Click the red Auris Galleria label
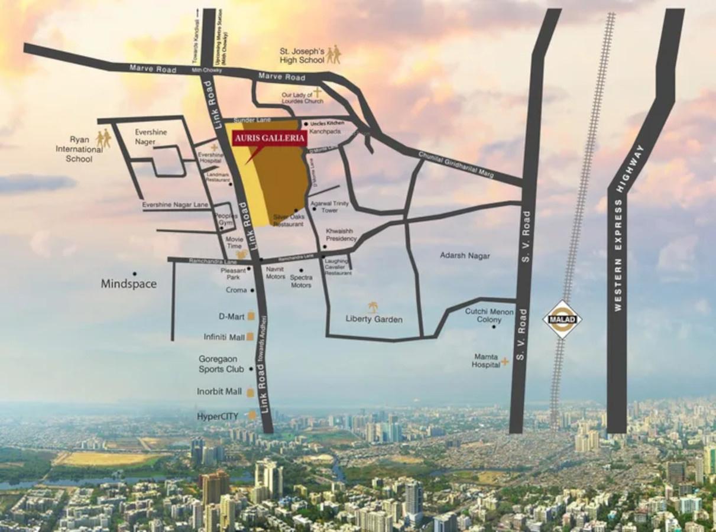270,139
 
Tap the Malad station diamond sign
562,320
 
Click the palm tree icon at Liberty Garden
373,307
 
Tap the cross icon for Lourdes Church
317,92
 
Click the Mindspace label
129,284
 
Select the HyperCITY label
218,416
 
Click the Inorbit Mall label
220,391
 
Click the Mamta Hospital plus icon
505,361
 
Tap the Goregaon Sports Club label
221,364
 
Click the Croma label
236,290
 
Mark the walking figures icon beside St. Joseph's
333,54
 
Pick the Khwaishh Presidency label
341,235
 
